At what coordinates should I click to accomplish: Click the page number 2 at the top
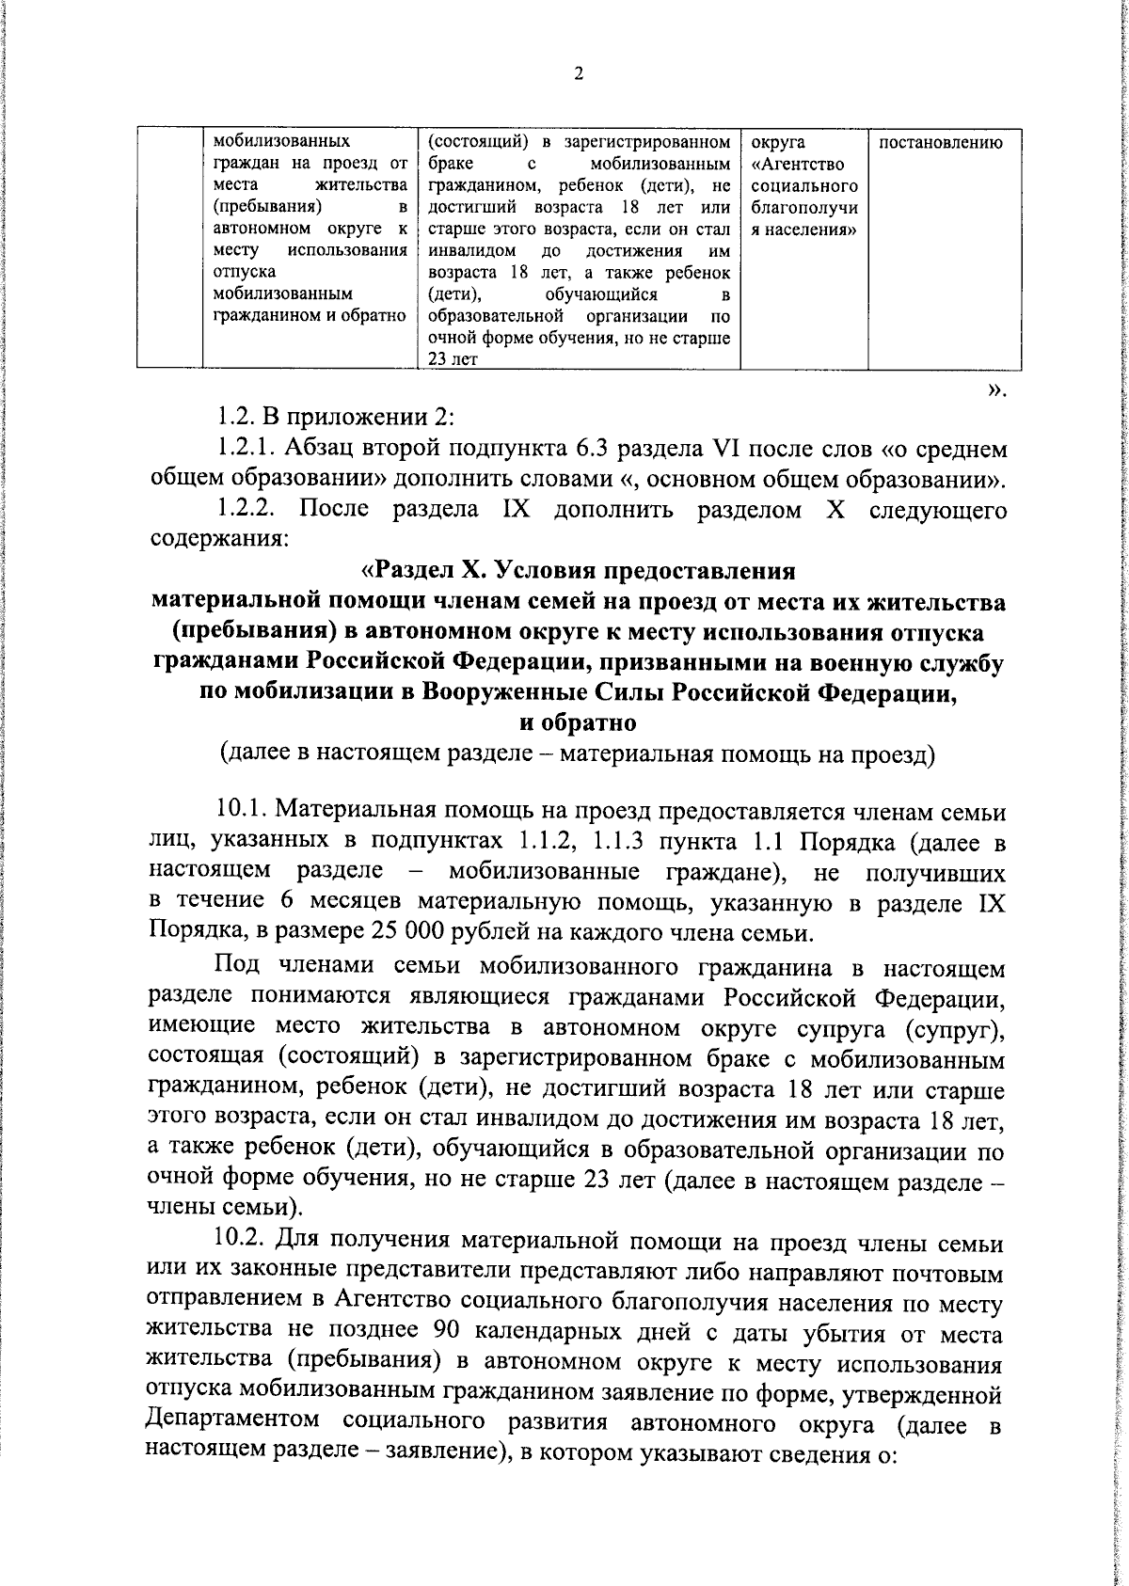coord(579,74)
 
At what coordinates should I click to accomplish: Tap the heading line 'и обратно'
coord(579,722)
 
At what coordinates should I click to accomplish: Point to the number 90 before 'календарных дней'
coord(451,1334)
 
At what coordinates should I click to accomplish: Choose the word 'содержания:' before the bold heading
coord(212,541)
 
